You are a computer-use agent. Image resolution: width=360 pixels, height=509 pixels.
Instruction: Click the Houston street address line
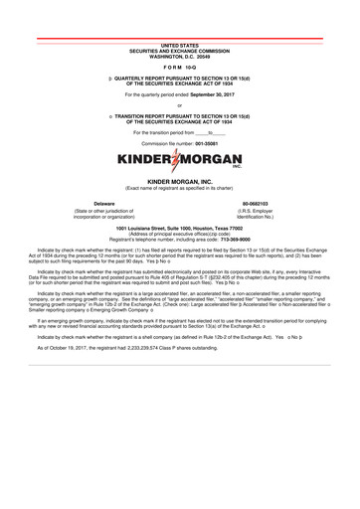click(x=179, y=227)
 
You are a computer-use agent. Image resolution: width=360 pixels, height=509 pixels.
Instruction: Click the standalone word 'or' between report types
click(x=179, y=104)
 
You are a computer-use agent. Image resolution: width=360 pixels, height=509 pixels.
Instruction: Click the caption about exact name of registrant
click(x=179, y=188)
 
